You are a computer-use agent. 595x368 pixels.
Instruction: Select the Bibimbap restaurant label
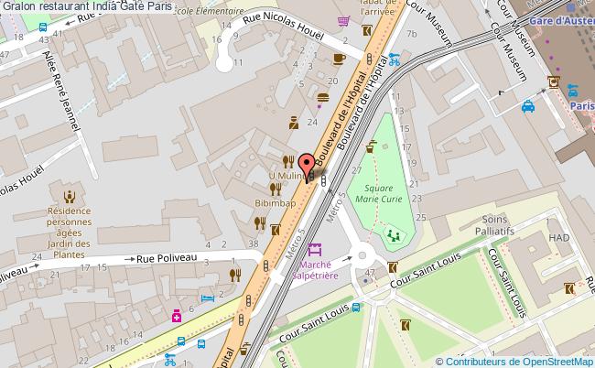(x=274, y=202)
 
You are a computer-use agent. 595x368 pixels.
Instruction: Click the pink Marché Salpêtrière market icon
(x=315, y=248)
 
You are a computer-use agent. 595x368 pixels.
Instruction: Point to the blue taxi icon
(x=528, y=106)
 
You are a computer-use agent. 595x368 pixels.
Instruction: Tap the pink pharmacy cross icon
(x=175, y=315)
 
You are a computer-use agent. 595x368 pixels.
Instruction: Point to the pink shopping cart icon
(x=343, y=20)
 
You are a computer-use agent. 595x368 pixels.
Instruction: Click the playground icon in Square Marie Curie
(x=394, y=236)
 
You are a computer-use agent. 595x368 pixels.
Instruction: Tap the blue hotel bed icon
(x=208, y=299)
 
